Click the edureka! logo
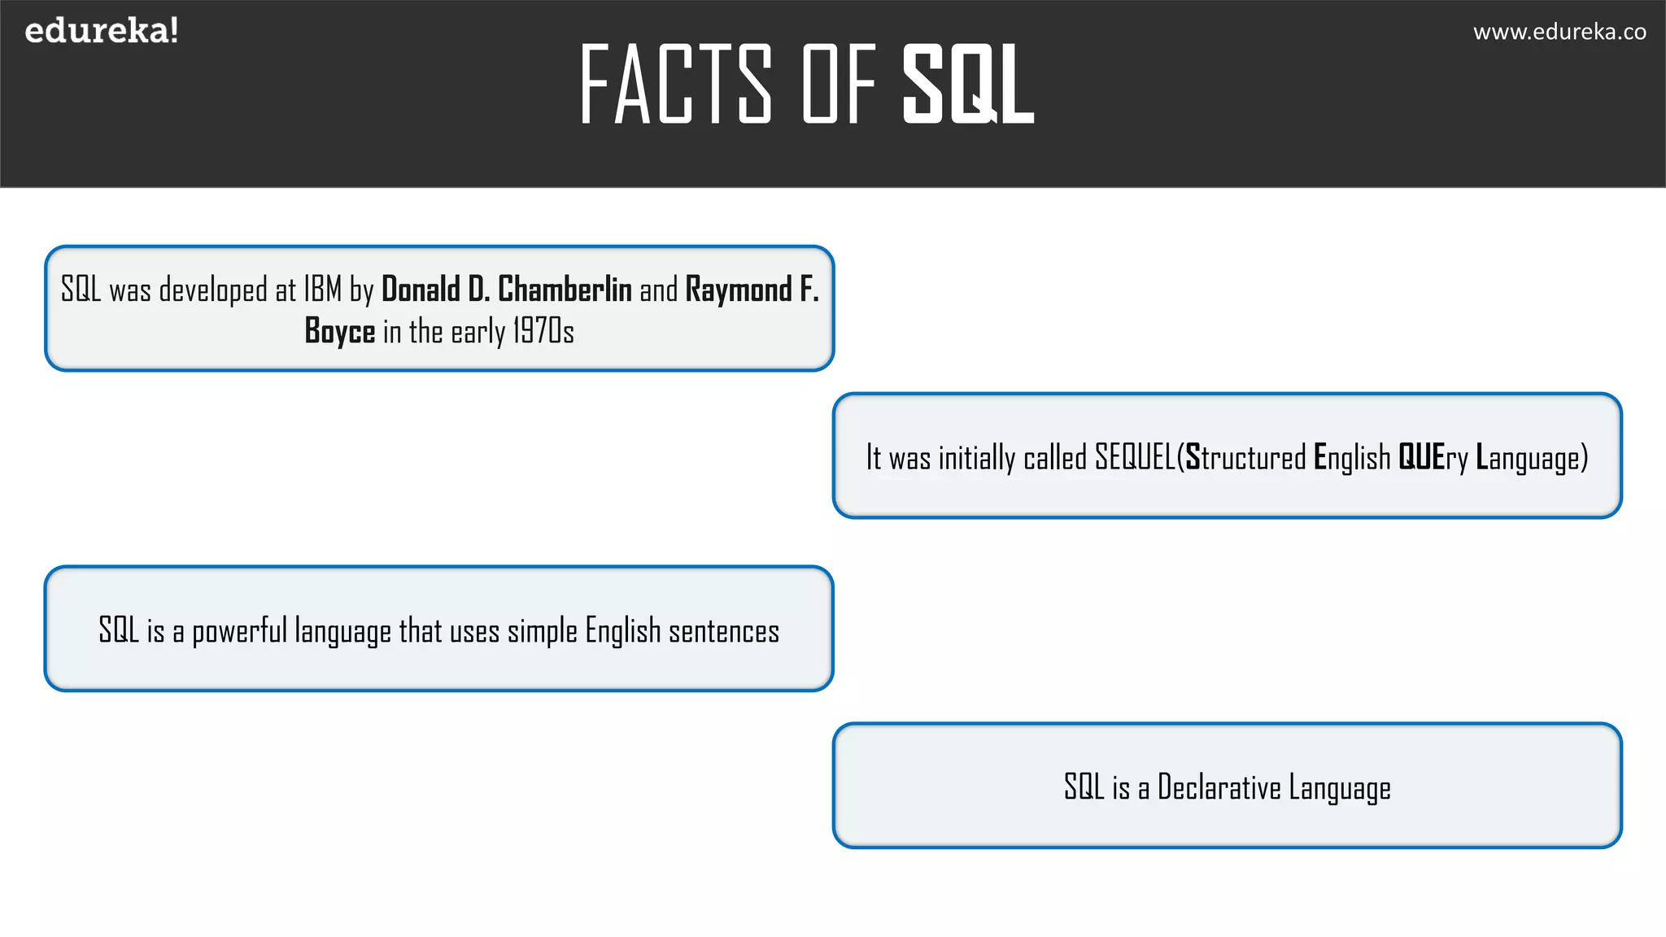point(102,31)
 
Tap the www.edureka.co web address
point(1559,32)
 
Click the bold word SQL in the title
point(968,85)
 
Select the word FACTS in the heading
point(675,85)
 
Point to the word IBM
point(323,290)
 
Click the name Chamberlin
point(565,290)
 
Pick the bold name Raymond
point(739,290)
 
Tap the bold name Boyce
point(340,332)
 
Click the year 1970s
point(543,332)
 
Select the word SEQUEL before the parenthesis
point(1135,457)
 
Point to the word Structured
point(1245,457)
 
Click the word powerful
point(239,631)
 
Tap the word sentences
point(724,631)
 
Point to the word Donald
point(421,290)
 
